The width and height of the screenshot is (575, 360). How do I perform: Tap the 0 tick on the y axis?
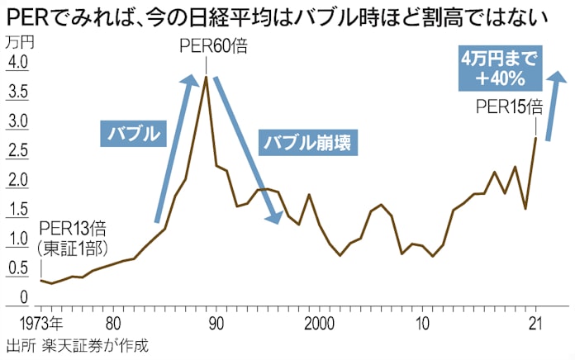22,300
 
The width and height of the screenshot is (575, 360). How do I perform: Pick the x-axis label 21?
535,323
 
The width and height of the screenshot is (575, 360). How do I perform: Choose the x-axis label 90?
215,323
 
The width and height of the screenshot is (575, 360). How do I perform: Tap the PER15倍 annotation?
510,107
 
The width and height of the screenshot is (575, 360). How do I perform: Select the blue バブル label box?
132,133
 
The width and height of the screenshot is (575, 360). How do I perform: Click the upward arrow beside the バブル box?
173,149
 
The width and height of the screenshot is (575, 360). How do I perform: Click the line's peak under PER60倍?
205,77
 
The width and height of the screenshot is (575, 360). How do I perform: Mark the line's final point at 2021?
536,138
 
